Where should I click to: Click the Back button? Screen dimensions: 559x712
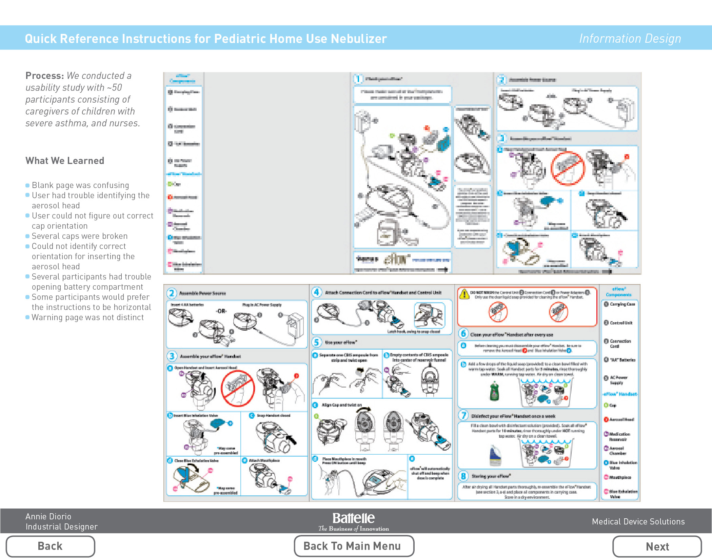[x=50, y=546]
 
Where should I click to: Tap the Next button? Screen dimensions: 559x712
[x=657, y=546]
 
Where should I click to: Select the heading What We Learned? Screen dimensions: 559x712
[x=65, y=161]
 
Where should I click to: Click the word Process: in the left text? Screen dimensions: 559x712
[x=44, y=76]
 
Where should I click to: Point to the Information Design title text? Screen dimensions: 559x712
[x=630, y=39]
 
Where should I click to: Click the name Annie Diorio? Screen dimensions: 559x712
[x=48, y=516]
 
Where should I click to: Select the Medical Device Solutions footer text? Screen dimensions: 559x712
[x=638, y=522]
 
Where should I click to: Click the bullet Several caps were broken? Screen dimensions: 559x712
[x=79, y=236]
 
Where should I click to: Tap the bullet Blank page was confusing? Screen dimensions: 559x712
[x=80, y=185]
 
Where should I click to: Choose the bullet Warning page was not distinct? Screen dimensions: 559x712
[x=87, y=317]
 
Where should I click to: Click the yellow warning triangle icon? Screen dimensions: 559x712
[x=464, y=294]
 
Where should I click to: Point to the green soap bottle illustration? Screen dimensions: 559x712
[x=495, y=391]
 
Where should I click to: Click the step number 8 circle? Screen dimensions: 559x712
[x=463, y=476]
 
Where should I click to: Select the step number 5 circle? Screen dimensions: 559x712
[x=316, y=342]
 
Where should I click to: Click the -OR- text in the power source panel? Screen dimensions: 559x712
[x=221, y=311]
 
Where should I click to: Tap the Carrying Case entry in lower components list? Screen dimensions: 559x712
[x=622, y=304]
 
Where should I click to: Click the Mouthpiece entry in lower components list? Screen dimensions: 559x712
[x=619, y=477]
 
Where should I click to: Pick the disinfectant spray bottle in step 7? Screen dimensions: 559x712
[x=495, y=456]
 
